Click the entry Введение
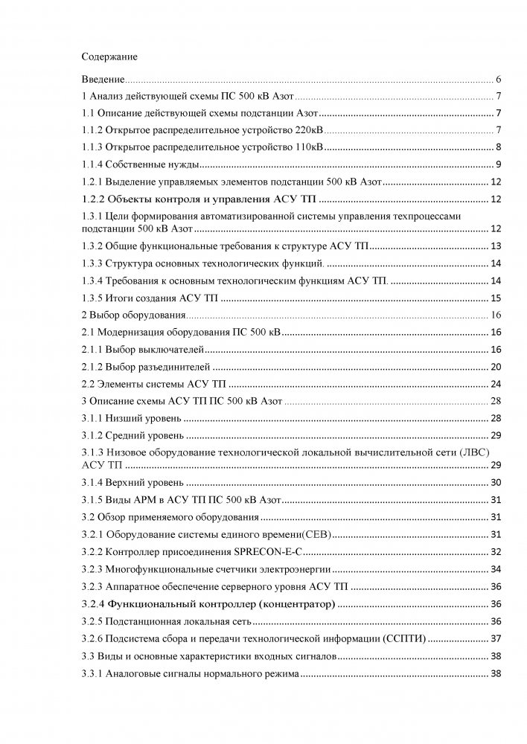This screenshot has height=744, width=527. pyautogui.click(x=103, y=79)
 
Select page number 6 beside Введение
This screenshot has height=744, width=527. pyautogui.click(x=498, y=79)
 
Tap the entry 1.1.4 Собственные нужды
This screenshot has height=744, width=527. pyautogui.click(x=142, y=164)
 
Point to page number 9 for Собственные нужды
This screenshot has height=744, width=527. pyautogui.click(x=498, y=164)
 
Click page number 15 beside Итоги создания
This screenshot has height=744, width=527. pyautogui.click(x=496, y=298)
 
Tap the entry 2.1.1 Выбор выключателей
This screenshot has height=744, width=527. pyautogui.click(x=142, y=349)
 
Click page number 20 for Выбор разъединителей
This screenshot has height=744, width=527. pyautogui.click(x=496, y=366)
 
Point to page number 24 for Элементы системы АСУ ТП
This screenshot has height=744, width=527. pyautogui.click(x=496, y=384)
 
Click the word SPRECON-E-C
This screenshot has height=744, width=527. pyautogui.click(x=266, y=551)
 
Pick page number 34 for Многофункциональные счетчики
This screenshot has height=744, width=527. pyautogui.click(x=496, y=569)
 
